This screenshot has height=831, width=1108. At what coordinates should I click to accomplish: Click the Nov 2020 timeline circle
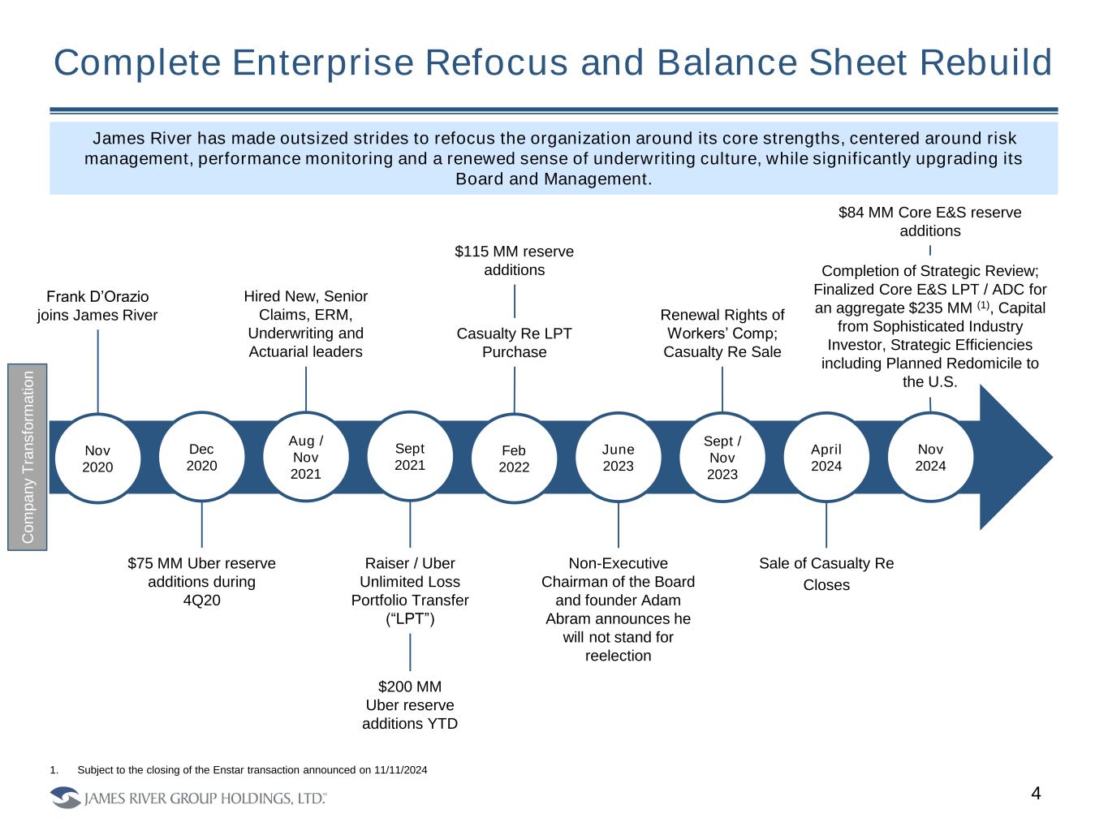click(97, 459)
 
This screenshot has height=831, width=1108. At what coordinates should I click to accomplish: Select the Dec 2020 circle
click(201, 457)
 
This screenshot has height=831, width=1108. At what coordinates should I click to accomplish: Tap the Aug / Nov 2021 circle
click(305, 457)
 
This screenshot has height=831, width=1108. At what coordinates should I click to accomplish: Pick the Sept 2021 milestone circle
click(410, 457)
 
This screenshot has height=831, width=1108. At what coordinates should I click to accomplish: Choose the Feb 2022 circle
click(514, 459)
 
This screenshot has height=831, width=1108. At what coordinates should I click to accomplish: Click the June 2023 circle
click(618, 457)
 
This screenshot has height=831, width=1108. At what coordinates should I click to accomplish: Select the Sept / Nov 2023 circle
click(722, 458)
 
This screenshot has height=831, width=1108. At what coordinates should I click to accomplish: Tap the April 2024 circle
click(826, 457)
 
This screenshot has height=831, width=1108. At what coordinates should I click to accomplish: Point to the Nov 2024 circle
click(930, 457)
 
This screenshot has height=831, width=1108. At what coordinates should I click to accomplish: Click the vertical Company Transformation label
click(28, 457)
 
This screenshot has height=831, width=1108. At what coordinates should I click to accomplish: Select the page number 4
click(1035, 794)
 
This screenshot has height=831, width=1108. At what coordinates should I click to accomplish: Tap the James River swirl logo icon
click(66, 798)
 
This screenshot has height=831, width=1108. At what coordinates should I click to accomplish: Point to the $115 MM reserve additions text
click(514, 260)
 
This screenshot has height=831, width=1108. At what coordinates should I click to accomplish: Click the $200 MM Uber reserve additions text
click(410, 705)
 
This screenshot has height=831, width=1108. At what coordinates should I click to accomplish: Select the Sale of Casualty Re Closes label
click(826, 574)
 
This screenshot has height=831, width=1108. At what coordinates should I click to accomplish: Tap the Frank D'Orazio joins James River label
click(97, 305)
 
